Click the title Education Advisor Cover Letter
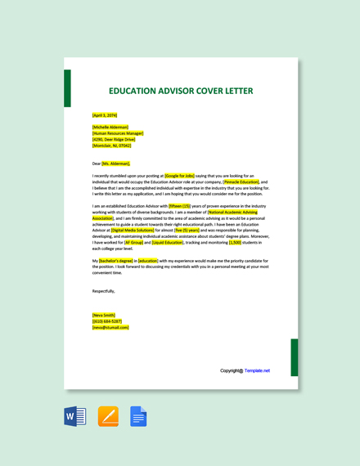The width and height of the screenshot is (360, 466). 181,91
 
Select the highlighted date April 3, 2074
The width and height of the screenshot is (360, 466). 105,115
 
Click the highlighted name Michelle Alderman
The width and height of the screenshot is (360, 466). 110,128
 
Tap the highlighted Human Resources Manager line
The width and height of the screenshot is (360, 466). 118,133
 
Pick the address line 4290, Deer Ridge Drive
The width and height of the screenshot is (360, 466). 115,139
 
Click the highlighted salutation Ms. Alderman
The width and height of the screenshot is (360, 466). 115,163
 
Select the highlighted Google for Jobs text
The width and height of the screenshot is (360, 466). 180,175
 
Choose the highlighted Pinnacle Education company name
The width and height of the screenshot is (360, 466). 236,181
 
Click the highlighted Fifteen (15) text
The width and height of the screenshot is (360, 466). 179,206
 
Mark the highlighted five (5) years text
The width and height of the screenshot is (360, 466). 186,231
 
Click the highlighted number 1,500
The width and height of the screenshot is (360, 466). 235,242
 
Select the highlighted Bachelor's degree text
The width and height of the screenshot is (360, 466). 115,260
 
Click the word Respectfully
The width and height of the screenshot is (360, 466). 104,290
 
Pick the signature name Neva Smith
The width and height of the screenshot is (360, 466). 104,315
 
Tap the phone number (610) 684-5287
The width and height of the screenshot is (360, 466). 107,321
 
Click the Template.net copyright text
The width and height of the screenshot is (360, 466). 245,370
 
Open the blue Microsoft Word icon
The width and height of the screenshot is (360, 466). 75,416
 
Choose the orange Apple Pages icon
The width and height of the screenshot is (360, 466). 108,416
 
